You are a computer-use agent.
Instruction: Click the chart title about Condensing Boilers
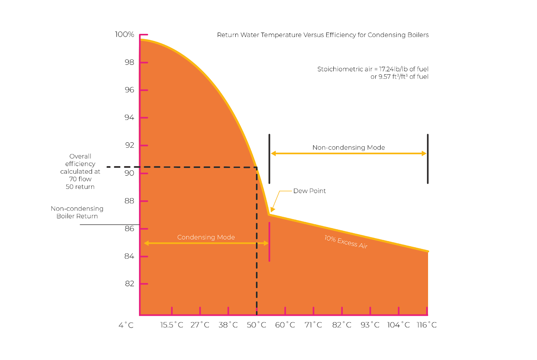[323, 35]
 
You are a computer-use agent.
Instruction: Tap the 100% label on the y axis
[125, 34]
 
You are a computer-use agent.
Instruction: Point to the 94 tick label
[129, 117]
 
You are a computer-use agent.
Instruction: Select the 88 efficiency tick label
[129, 201]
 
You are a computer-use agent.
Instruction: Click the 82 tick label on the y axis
[130, 284]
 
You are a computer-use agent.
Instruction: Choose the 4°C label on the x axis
[126, 325]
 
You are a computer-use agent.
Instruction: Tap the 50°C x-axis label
[256, 325]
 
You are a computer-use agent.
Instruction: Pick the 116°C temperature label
[427, 325]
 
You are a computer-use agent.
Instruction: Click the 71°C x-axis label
[313, 325]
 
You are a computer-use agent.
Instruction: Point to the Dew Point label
[309, 191]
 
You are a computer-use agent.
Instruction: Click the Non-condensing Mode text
[348, 147]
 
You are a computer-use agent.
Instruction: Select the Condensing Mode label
[206, 237]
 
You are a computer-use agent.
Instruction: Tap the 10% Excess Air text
[346, 242]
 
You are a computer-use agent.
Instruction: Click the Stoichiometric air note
[373, 73]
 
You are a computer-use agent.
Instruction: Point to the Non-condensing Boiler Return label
[77, 212]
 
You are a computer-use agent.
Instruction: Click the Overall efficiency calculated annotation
[80, 171]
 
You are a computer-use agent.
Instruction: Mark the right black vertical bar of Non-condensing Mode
[428, 159]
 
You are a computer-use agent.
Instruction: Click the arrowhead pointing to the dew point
[273, 210]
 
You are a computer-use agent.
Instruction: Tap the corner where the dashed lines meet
[257, 167]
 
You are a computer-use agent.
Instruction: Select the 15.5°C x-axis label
[172, 325]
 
